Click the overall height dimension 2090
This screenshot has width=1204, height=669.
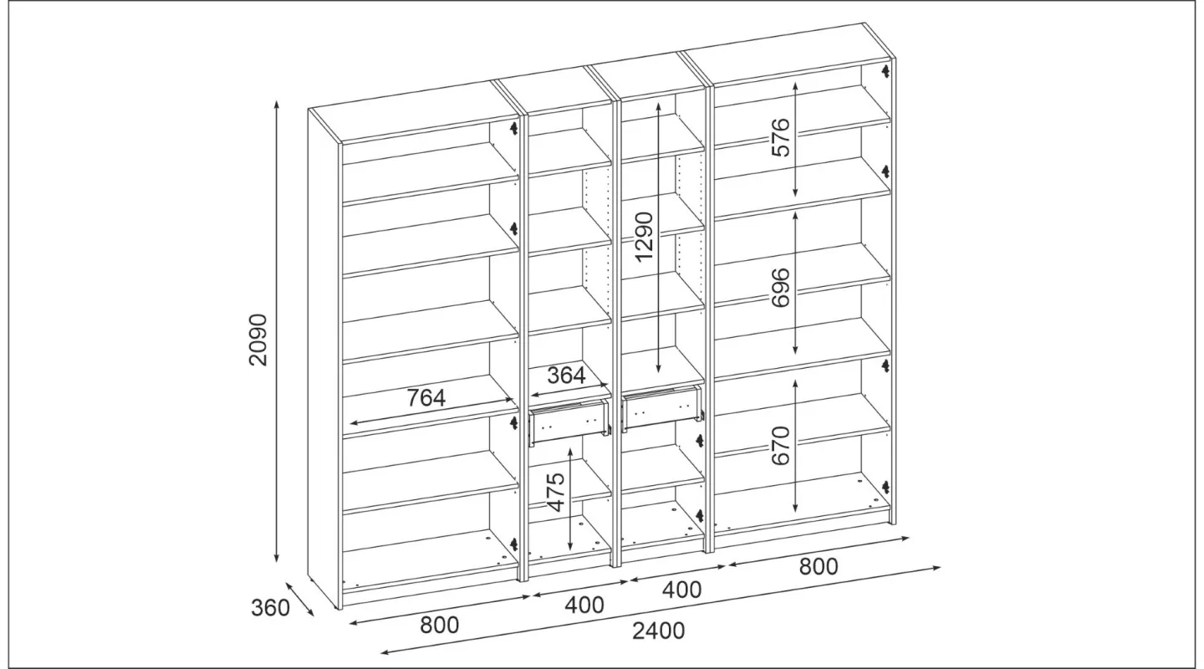point(258,340)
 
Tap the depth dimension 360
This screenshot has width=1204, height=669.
point(270,608)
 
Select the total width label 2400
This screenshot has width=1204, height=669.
point(659,631)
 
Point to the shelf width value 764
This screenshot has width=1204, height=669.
point(426,397)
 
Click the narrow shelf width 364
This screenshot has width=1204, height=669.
point(567,375)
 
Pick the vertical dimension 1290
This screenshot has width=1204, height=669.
point(644,237)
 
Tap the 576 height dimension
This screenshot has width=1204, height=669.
point(780,137)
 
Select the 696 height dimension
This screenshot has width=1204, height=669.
point(780,287)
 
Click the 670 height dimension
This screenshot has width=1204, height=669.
point(780,445)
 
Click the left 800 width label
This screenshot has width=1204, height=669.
point(440,625)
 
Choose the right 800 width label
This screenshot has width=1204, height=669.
point(819,566)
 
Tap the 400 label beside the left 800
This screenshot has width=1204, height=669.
point(584,605)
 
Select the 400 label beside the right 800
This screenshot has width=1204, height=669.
point(682,590)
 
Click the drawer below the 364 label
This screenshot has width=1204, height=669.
point(570,422)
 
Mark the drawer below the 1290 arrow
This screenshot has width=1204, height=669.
point(663,408)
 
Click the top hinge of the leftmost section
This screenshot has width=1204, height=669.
point(513,128)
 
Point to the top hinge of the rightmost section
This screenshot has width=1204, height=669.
point(885,70)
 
